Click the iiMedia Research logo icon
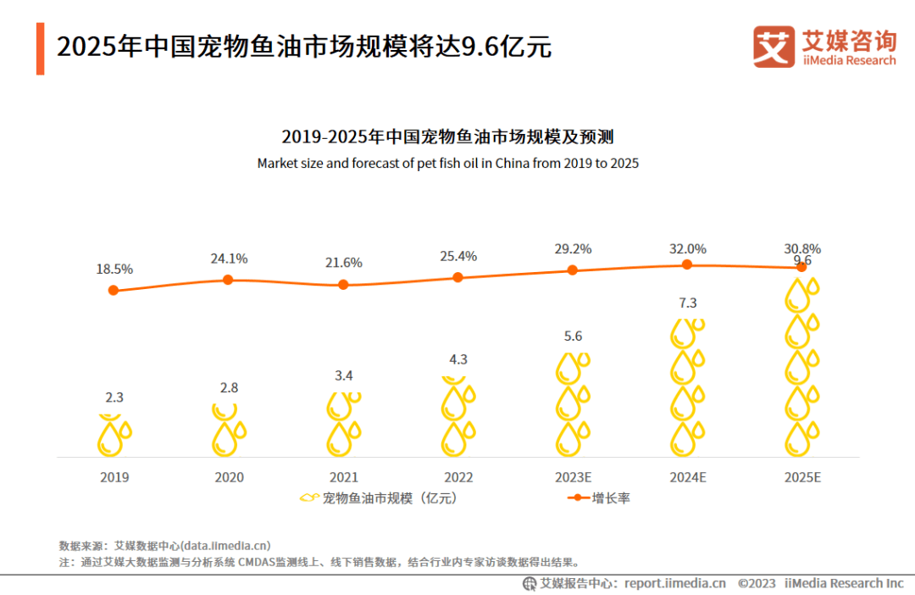pos(774,47)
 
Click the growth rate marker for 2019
pos(114,291)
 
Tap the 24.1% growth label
pos(229,259)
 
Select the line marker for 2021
pos(343,285)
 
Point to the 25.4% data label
pos(458,256)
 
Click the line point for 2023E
pos(573,270)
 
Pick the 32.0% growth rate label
pos(687,249)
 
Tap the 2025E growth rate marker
pos(801,268)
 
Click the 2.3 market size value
pos(114,397)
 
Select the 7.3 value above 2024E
pos(687,303)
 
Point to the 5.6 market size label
pos(573,336)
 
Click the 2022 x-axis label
pos(458,478)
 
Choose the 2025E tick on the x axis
pos(801,478)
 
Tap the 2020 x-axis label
pos(229,478)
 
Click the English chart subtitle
pos(447,163)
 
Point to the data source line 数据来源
pos(164,546)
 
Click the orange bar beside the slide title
pos(40,48)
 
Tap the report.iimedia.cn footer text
pos(674,583)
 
